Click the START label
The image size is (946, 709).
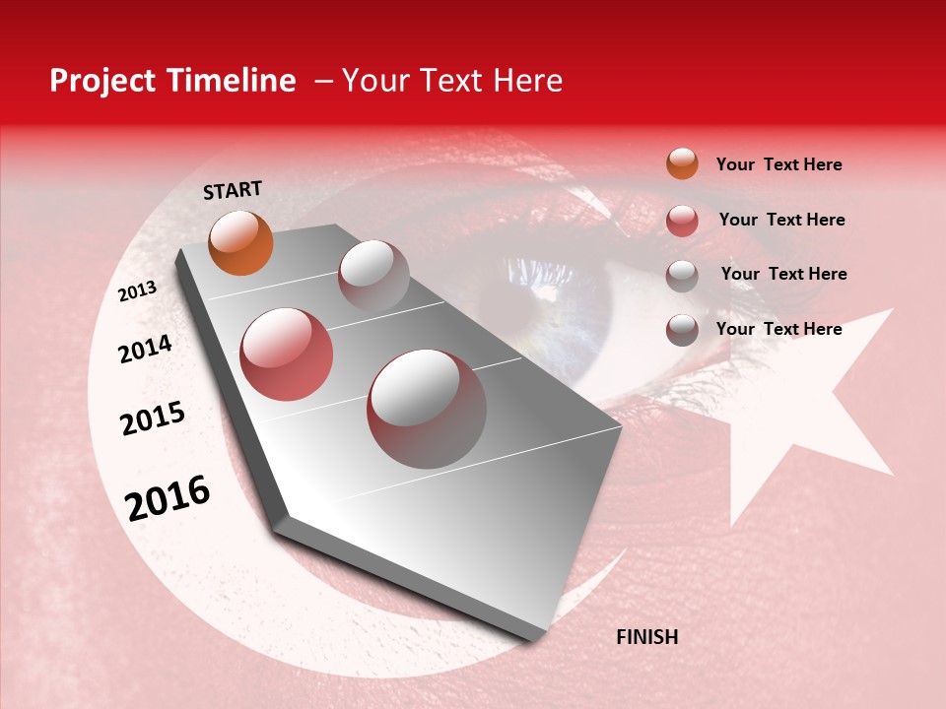pos(233,189)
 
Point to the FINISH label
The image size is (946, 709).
pos(646,637)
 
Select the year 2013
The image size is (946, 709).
pos(138,291)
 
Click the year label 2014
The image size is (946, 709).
pos(145,349)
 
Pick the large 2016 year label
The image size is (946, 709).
pos(168,497)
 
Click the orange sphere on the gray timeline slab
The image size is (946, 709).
pos(240,242)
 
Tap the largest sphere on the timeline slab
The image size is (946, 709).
pos(427,408)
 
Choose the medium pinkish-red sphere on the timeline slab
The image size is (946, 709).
pos(287,354)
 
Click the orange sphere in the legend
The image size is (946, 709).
pos(682,163)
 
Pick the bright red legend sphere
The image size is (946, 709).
pos(682,220)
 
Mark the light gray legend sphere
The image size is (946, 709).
pos(682,275)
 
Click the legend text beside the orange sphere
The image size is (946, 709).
pos(778,164)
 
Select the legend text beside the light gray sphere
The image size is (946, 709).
pos(783,274)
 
